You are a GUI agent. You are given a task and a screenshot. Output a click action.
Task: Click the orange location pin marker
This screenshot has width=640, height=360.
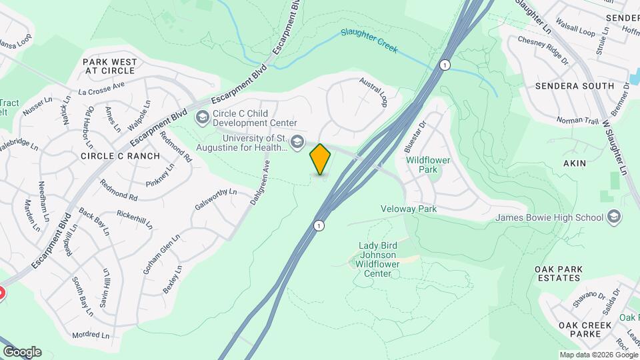[321, 159]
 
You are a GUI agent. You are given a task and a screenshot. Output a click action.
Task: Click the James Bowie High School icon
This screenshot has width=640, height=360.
[614, 217]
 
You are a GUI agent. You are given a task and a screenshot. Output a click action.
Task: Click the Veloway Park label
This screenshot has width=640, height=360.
[408, 209]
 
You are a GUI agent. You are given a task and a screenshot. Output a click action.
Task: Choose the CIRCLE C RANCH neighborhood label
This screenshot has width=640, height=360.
[120, 156]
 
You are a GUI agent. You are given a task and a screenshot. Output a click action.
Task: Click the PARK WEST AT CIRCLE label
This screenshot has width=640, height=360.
[110, 66]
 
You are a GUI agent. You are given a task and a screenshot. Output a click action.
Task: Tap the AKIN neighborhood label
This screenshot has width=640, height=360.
[575, 163]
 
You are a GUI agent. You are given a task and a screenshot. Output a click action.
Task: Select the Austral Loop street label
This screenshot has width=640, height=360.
[373, 92]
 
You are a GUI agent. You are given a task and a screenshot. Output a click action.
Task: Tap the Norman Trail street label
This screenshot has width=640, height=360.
[577, 121]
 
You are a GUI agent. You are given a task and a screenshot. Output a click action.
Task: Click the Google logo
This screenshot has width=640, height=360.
[22, 352]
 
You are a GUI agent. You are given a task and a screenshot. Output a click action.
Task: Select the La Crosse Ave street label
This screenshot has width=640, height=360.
[101, 88]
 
